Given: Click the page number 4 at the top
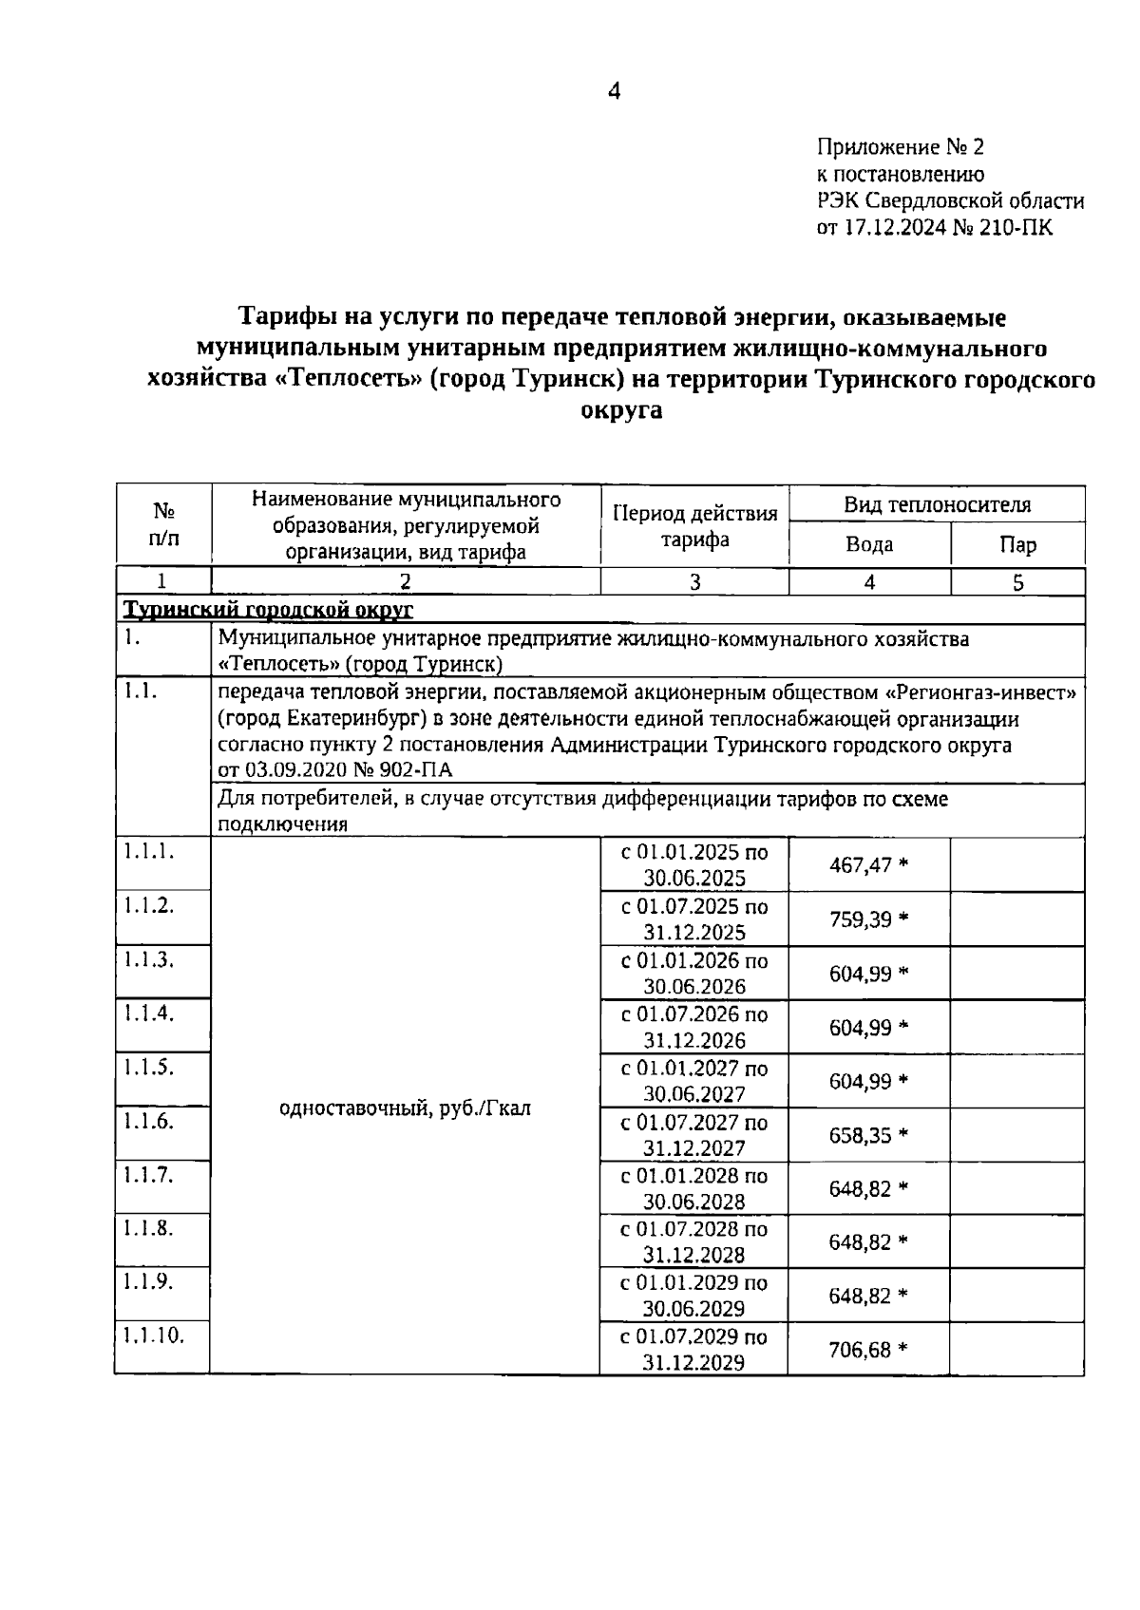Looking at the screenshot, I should pos(614,92).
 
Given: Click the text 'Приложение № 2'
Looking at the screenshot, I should pos(900,147).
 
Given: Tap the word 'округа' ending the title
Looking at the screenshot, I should pos(620,411).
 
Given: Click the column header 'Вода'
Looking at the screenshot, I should pos(869,545).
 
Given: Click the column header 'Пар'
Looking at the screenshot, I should pos(1017,545).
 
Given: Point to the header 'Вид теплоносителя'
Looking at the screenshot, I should pos(937,505).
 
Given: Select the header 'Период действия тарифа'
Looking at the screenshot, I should pos(694,527).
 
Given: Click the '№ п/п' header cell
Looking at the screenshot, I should pos(163,525).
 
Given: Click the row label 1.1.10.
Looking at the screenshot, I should pos(152,1335).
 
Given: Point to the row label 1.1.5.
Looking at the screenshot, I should pos(148,1067).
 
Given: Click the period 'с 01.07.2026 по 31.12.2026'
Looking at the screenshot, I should pos(693,1027).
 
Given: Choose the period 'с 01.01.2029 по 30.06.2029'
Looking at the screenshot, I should pos(693,1296).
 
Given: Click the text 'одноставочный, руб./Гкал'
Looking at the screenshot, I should pos(406,1108).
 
